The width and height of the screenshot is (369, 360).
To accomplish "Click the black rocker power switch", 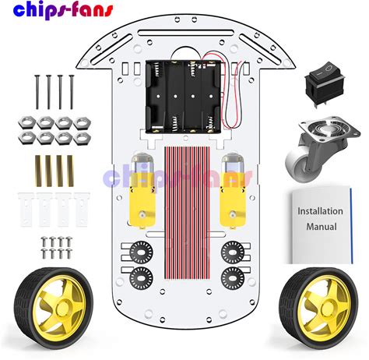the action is click(325, 83).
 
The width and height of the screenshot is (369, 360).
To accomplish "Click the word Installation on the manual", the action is click(320, 211).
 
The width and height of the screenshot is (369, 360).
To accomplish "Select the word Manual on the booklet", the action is click(322, 227).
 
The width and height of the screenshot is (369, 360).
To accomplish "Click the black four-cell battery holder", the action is click(184, 97).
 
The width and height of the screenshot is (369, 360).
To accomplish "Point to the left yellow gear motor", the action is click(142, 191).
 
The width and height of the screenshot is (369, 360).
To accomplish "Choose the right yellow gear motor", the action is click(233, 191).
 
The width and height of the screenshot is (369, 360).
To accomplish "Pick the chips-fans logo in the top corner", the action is click(63, 11).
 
